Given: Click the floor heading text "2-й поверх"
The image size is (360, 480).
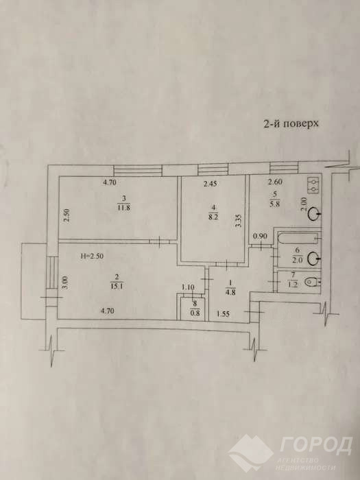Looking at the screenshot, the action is pyautogui.click(x=291, y=123).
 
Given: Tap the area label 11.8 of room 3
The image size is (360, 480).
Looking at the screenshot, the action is pyautogui.click(x=123, y=208).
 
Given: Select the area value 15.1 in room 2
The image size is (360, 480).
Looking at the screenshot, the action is pyautogui.click(x=117, y=287).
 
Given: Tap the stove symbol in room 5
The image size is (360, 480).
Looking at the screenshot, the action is pyautogui.click(x=313, y=185).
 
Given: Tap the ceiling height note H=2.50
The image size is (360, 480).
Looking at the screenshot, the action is pyautogui.click(x=92, y=256).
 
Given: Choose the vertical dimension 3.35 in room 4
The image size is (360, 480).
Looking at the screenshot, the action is pyautogui.click(x=239, y=220).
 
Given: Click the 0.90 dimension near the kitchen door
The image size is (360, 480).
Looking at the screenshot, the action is pyautogui.click(x=261, y=236).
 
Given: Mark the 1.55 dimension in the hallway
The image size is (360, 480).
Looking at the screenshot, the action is pyautogui.click(x=223, y=313).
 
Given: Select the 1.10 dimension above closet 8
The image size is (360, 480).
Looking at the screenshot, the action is pyautogui.click(x=188, y=287).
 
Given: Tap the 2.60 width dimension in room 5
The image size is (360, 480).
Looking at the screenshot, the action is pyautogui.click(x=275, y=182).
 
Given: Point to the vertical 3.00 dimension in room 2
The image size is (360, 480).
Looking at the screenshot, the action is pyautogui.click(x=67, y=283).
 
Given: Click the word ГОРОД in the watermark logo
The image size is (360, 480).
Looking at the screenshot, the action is pyautogui.click(x=315, y=446).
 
